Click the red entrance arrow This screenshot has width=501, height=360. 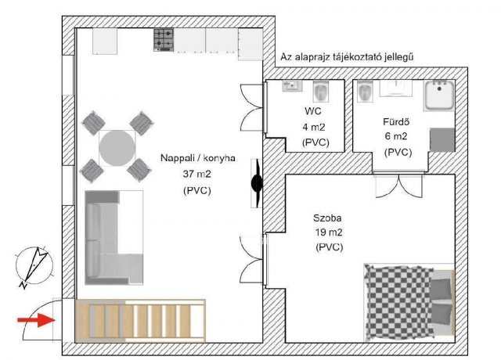[x=36, y=320]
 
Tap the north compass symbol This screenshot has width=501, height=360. [x=34, y=266]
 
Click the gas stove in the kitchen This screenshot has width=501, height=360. [x=164, y=40]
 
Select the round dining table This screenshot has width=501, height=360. [x=117, y=148]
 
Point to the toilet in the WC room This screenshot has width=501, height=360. [x=320, y=91]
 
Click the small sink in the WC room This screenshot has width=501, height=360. [x=292, y=85]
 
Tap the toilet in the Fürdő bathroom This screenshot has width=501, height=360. [x=365, y=91]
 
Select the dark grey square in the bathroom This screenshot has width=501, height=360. [x=442, y=140]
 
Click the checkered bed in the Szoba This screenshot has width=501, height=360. [x=409, y=302]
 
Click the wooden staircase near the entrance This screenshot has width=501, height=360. [x=140, y=321]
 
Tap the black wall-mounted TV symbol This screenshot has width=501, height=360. [x=257, y=183]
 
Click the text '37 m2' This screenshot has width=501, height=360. [x=196, y=174]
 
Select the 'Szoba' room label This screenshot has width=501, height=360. [x=327, y=218]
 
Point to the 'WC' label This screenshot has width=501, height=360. [x=313, y=111]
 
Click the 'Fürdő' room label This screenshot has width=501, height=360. [x=396, y=122]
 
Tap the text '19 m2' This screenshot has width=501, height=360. [x=329, y=232]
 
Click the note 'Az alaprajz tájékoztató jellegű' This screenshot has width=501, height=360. [x=347, y=57]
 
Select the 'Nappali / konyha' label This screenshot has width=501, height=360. [x=198, y=158]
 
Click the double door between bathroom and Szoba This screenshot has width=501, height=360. [x=398, y=185]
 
